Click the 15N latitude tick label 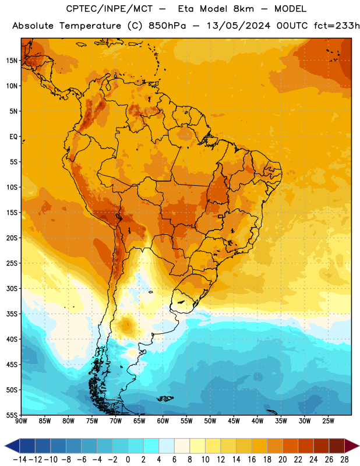(12, 61)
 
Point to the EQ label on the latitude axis (13, 137)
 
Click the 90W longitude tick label (21, 421)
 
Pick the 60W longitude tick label (163, 421)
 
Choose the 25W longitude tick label (328, 421)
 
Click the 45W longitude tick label (234, 421)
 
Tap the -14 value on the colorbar (20, 460)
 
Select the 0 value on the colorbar (128, 460)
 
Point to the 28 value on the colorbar (344, 460)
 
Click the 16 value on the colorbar (252, 460)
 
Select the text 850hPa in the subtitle (167, 26)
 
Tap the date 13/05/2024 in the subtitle (239, 26)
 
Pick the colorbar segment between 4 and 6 (167, 446)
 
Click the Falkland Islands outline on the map (165, 398)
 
